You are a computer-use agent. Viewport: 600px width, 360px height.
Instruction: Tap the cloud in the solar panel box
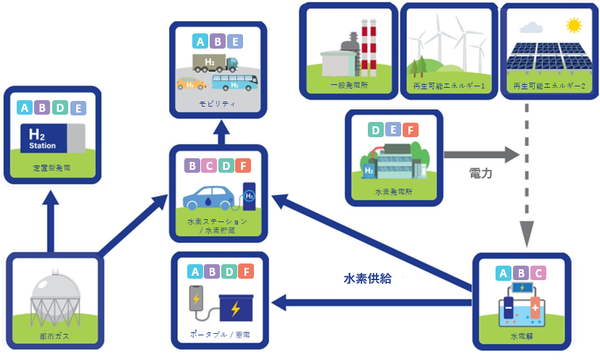(x=532, y=29)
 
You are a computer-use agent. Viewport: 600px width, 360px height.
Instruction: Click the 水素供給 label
(x=368, y=278)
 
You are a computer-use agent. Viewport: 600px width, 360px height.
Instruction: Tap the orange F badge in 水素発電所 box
(x=410, y=131)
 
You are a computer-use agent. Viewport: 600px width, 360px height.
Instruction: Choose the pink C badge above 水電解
(x=537, y=274)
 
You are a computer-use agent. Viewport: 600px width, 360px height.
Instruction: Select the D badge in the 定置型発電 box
(x=61, y=108)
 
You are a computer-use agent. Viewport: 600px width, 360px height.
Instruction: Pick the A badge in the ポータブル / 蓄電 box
(x=194, y=272)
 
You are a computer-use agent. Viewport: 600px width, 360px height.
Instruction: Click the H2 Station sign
(x=42, y=139)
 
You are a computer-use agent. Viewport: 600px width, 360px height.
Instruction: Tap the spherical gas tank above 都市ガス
(x=52, y=298)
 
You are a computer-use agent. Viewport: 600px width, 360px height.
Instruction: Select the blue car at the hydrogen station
(x=208, y=196)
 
